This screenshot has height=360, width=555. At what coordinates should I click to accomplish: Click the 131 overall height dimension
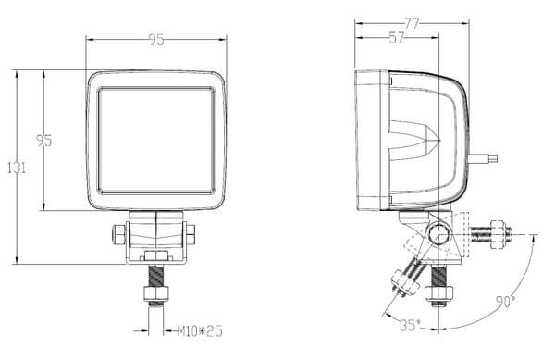click(17, 168)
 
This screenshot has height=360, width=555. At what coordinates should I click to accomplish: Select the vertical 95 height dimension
click(43, 141)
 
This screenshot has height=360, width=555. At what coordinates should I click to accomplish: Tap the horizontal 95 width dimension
click(156, 40)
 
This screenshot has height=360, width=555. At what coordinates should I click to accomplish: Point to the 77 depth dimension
click(412, 24)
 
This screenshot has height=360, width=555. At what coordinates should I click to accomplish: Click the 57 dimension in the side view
click(396, 38)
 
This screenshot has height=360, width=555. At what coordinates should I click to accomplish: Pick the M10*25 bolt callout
click(200, 331)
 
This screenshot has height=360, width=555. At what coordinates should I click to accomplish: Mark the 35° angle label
click(410, 326)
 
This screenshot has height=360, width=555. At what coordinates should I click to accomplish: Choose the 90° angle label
click(506, 302)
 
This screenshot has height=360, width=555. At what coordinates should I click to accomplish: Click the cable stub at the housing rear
click(483, 158)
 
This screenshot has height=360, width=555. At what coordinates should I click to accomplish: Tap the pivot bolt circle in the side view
click(438, 234)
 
